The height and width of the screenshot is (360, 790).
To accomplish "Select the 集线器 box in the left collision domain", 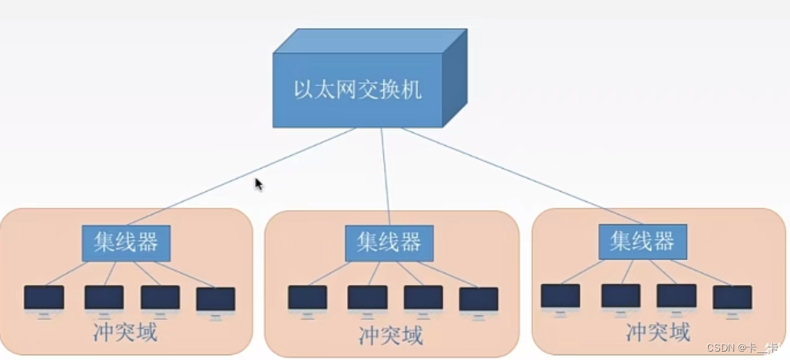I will (127, 243).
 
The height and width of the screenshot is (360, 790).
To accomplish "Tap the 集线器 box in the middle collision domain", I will (389, 243).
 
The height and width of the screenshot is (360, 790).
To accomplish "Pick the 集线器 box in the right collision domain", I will (643, 242).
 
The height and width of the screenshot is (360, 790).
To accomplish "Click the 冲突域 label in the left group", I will (125, 333).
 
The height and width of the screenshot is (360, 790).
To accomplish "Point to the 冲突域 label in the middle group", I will (390, 335).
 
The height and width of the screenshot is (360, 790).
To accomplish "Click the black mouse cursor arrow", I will (259, 183).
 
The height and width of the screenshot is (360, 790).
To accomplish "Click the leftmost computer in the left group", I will (44, 299).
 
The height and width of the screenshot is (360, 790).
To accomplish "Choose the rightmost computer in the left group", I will (216, 300).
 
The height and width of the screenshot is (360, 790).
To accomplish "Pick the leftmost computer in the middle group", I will (308, 299).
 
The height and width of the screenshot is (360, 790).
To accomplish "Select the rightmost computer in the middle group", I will (479, 300).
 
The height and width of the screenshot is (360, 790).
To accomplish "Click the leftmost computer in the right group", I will (560, 297).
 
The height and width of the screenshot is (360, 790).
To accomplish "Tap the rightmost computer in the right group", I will (732, 299).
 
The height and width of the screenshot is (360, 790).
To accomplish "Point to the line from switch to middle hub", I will (385, 177).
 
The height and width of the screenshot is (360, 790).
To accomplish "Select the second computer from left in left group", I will (104, 299).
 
